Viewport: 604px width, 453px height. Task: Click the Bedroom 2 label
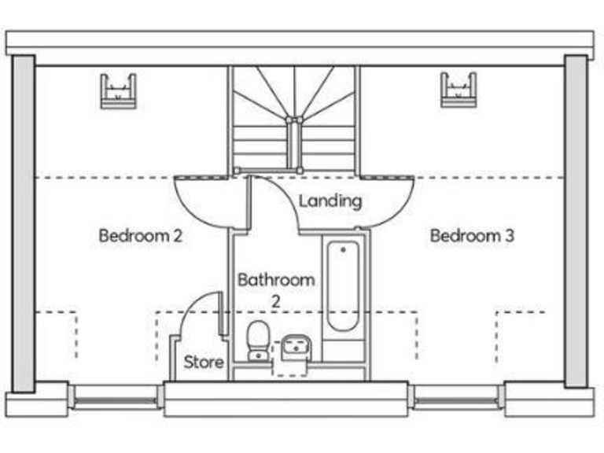[141, 235]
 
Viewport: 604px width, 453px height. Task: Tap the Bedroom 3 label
[472, 235]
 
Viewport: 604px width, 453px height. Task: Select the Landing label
[330, 201]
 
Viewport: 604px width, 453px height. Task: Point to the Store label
[204, 363]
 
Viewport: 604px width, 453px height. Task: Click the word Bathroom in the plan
[276, 279]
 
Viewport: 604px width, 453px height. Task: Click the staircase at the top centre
[294, 118]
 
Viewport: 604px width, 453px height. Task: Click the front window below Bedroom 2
[115, 397]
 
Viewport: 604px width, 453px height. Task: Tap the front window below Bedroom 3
[456, 397]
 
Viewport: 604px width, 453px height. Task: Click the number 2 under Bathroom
[276, 300]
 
